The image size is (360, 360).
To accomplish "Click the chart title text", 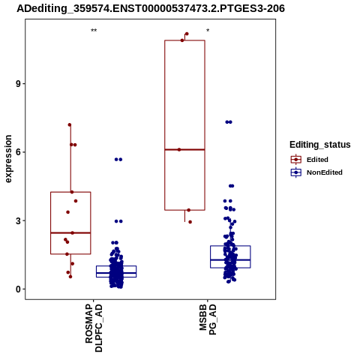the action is click(151, 8).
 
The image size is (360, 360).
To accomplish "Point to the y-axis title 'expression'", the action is click(8, 159).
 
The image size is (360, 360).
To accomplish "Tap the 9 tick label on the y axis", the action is click(18, 84).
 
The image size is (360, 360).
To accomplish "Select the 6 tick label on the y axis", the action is click(18, 152).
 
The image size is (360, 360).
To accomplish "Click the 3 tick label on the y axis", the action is click(18, 220).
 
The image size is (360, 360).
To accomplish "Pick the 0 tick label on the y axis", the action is click(18, 289).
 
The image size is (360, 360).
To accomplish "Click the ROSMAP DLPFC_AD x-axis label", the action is click(94, 328).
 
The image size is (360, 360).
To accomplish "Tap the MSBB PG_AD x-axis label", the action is click(208, 319).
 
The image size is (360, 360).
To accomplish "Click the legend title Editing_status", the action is click(320, 145).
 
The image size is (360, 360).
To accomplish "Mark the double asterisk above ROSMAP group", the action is click(94, 31).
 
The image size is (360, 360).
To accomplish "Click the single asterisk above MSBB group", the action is click(208, 31).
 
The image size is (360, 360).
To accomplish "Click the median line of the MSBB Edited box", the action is click(184, 149).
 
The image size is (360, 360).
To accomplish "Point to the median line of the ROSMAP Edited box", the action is click(70, 232).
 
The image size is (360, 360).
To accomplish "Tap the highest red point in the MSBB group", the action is click(187, 34).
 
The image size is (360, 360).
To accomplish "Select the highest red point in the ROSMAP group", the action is click(70, 124).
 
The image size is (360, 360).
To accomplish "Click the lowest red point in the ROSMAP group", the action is click(70, 277).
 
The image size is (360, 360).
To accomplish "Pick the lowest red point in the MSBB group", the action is click(190, 222).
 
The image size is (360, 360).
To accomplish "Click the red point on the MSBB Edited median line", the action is click(179, 149).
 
